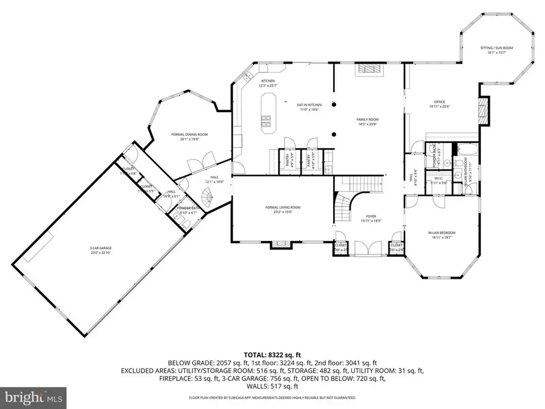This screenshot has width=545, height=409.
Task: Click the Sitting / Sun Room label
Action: click(x=483, y=50)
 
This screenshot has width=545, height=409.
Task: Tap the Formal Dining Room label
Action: click(x=190, y=136)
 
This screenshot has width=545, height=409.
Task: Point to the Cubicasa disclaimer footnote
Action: click(x=272, y=398)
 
